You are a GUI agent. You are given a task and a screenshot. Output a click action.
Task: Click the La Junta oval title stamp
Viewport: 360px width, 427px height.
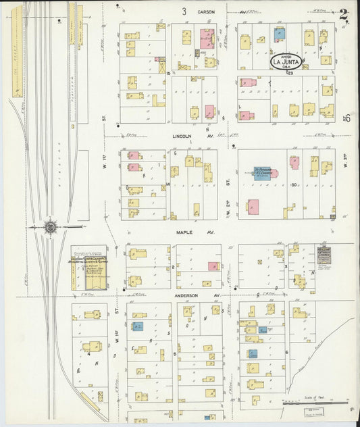tap(286, 61)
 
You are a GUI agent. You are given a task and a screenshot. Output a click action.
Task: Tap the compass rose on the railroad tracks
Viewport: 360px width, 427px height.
tap(51, 228)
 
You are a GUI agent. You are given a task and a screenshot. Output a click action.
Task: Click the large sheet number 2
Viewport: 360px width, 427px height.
tap(344, 13)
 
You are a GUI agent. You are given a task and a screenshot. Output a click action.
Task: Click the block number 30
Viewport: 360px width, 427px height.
tap(294, 184)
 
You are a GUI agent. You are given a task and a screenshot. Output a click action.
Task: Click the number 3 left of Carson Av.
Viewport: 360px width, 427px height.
tap(184, 11)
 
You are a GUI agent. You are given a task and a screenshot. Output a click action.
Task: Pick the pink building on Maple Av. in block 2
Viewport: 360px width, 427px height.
tap(213, 267)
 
